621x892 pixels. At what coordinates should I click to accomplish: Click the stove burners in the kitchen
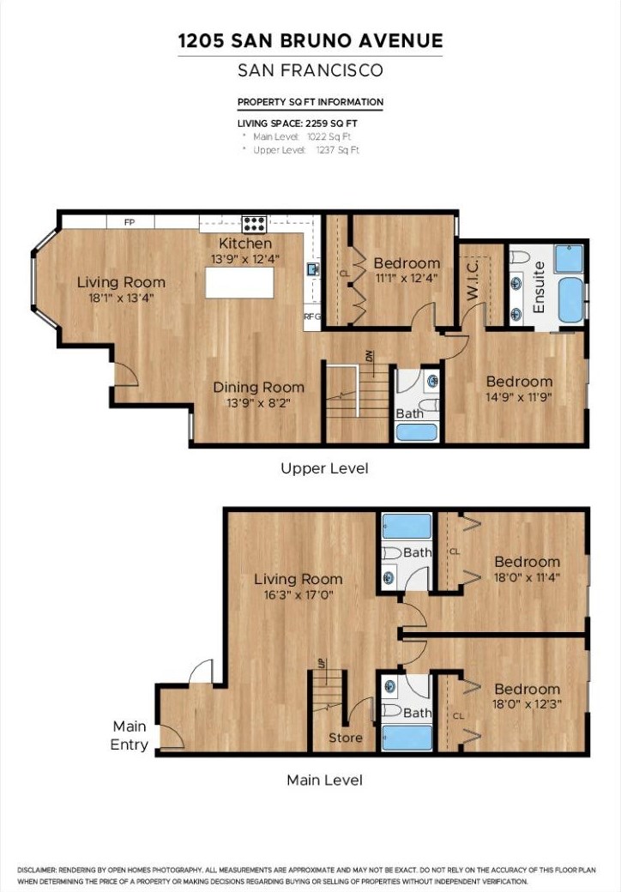tap(255, 224)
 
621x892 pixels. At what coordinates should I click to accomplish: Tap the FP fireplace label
tap(130, 222)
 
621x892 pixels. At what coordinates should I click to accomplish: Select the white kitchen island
tap(239, 283)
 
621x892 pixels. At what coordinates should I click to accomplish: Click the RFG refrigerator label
tap(312, 316)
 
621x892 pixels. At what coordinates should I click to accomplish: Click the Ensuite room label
tap(539, 287)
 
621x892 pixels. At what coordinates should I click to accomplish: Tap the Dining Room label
tap(259, 388)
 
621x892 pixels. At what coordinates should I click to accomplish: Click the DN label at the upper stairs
tap(370, 358)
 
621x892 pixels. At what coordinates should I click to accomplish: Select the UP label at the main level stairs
tap(321, 663)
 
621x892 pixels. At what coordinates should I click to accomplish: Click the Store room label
tap(345, 738)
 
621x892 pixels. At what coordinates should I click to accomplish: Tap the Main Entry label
tap(130, 736)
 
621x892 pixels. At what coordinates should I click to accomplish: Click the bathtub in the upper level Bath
tap(416, 432)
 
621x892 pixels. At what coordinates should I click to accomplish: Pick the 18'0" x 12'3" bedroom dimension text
tap(528, 704)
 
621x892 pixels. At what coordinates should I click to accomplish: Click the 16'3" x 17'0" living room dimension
tap(298, 595)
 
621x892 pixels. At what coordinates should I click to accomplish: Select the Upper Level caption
tap(325, 469)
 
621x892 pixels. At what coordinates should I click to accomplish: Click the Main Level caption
tap(324, 780)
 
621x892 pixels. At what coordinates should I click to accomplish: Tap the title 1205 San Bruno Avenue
tap(310, 40)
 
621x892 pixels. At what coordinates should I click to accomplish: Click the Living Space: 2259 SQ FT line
tap(298, 124)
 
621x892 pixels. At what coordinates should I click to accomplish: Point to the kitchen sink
tap(313, 269)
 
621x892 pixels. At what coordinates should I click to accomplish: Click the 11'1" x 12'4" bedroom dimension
tap(407, 278)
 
